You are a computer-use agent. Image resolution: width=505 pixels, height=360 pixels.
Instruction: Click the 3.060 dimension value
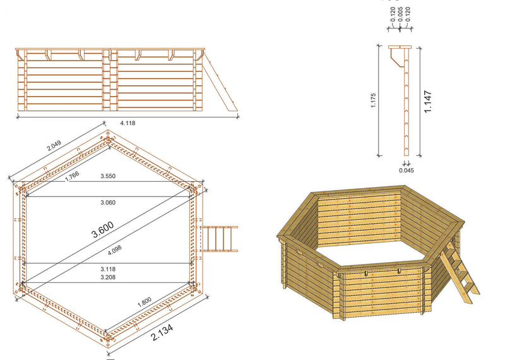point(108,202)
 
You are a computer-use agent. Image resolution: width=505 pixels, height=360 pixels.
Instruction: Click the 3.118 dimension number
point(108,268)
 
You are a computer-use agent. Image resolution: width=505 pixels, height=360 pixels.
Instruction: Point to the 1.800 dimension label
point(145,305)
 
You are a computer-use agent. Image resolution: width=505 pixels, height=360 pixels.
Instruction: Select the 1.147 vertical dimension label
point(428,101)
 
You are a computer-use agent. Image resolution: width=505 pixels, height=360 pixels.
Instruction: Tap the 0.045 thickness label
point(407,169)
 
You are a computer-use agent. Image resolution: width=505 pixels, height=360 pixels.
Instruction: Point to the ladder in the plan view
point(220,238)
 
